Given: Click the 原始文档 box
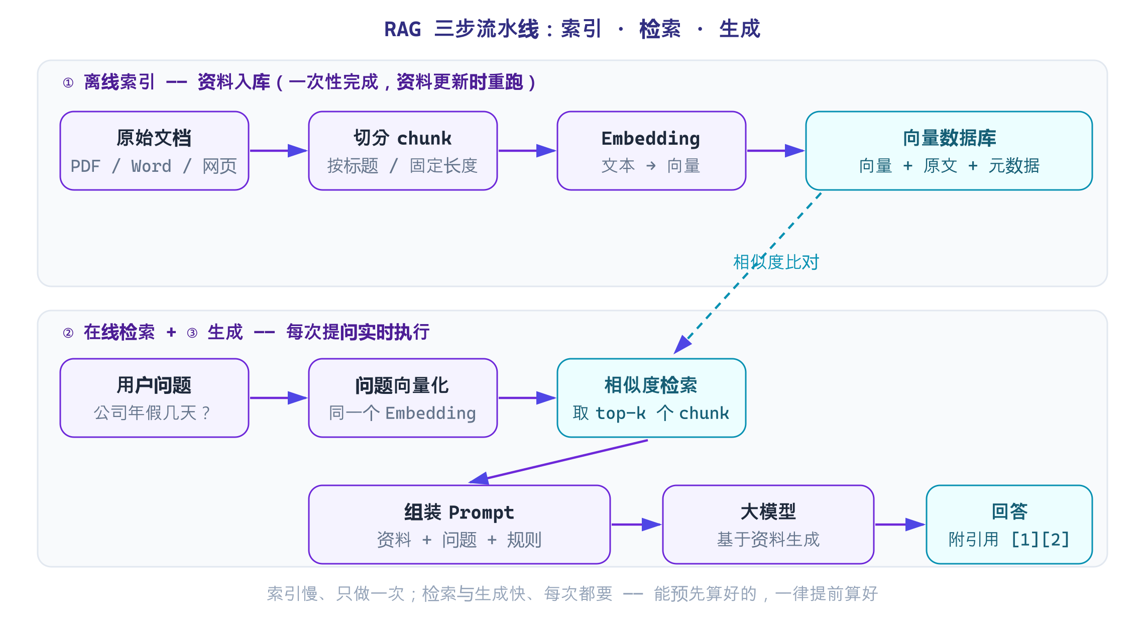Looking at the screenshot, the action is click(154, 151).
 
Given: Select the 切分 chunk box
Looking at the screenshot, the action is click(403, 151).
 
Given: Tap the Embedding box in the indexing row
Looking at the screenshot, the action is click(651, 151).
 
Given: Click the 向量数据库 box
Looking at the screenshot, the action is click(949, 151).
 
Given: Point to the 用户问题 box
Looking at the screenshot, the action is click(154, 398).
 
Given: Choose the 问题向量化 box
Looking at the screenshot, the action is click(403, 398).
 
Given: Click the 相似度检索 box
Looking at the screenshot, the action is click(651, 398).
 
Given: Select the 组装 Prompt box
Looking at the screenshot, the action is click(459, 525).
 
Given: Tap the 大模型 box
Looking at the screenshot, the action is click(768, 525).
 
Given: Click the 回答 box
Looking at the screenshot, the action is click(1009, 525).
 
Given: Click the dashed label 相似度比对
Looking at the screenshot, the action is click(776, 262).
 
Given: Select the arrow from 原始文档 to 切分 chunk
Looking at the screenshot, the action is click(279, 151).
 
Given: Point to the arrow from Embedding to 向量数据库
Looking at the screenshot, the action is click(776, 151).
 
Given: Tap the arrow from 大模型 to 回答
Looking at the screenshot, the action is click(900, 525).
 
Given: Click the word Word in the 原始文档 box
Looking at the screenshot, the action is click(151, 166).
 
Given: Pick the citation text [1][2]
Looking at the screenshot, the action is click(1040, 540).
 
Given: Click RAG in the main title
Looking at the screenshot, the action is click(402, 29).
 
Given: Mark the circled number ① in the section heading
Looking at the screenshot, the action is click(68, 82).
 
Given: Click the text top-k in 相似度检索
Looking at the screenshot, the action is click(620, 413).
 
